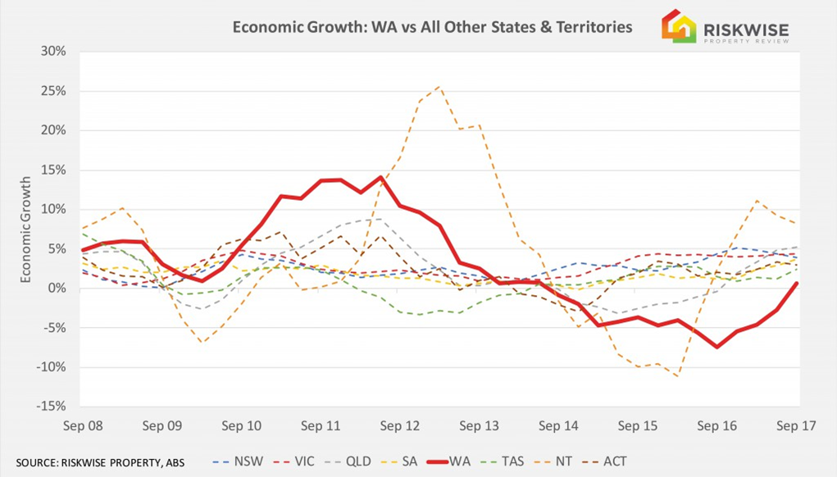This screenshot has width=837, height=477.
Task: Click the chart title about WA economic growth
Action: [432, 27]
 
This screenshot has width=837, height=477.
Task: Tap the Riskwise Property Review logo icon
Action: [679, 25]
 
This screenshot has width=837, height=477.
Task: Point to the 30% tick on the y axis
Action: [53, 51]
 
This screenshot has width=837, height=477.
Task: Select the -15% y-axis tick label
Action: [52, 406]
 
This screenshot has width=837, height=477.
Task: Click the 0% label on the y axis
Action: [57, 288]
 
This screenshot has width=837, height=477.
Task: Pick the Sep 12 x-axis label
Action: [400, 426]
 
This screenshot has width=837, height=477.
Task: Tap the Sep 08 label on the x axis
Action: [83, 426]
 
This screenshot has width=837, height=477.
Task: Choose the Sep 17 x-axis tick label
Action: [797, 426]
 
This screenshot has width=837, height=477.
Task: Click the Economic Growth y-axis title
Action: [25, 230]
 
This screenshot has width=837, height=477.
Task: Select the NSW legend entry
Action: [238, 461]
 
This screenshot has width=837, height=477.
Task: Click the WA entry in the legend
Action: [449, 461]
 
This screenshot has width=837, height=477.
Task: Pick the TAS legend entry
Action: [503, 461]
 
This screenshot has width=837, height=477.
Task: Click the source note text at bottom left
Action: [100, 462]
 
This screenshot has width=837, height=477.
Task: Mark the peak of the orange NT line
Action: [439, 86]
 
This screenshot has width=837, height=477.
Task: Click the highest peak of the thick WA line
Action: [380, 177]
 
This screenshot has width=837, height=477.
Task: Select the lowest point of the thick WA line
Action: [716, 347]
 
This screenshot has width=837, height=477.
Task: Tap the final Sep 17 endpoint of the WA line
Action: [797, 284]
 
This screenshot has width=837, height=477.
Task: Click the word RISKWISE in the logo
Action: [746, 29]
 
